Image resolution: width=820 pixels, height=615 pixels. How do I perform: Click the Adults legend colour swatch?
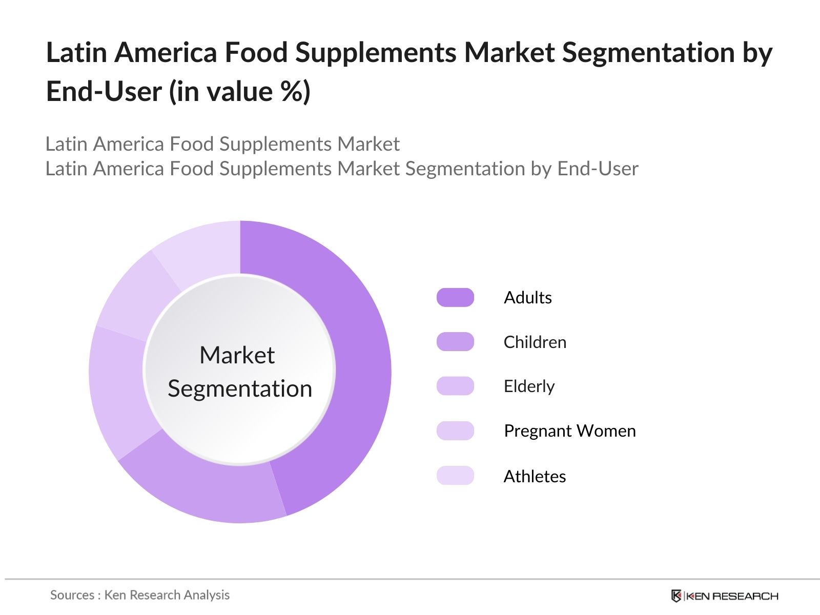[x=455, y=297]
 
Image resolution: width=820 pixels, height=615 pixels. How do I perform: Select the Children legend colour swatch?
[x=455, y=342]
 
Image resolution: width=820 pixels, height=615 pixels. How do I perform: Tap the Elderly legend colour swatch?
[x=455, y=386]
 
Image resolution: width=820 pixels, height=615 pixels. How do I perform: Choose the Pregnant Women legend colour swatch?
[x=455, y=430]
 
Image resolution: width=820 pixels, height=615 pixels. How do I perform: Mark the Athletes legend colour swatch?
[x=455, y=476]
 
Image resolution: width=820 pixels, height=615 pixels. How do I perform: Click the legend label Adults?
[x=528, y=298]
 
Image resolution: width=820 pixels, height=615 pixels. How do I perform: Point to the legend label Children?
[x=535, y=342]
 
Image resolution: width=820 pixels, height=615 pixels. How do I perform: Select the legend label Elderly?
[x=529, y=386]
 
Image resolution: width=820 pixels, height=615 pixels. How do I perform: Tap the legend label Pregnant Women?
[x=570, y=431]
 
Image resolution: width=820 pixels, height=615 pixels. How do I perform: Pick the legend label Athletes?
[x=535, y=477]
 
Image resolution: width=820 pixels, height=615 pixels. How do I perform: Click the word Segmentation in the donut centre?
[x=240, y=388]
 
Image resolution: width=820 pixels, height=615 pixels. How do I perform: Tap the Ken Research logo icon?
[x=676, y=596]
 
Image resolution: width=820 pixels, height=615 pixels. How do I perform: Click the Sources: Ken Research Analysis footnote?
[x=140, y=595]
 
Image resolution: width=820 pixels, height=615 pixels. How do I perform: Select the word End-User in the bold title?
[x=104, y=92]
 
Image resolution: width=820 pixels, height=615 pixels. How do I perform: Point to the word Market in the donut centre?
[x=237, y=355]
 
